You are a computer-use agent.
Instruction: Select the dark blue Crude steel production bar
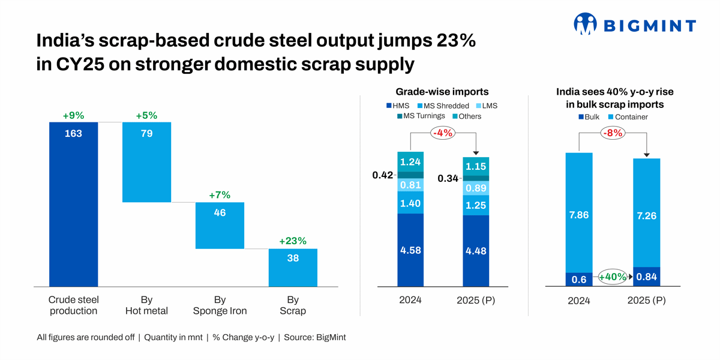click(73, 204)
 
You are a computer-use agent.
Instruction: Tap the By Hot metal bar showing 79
click(146, 162)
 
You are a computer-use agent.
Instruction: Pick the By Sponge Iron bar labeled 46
click(220, 225)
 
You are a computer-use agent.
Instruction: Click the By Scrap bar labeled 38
click(293, 268)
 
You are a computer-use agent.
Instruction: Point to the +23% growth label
click(293, 241)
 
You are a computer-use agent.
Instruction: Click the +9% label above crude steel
click(73, 115)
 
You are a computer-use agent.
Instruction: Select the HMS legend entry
click(397, 106)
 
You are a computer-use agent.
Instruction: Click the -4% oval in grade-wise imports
click(442, 133)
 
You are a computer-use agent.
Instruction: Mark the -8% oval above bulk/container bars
click(612, 133)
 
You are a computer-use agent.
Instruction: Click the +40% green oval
click(612, 277)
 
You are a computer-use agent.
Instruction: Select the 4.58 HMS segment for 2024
click(410, 250)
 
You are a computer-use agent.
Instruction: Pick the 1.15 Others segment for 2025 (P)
click(476, 166)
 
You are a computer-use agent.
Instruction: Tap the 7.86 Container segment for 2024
click(579, 213)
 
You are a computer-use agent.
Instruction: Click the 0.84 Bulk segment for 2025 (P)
click(647, 277)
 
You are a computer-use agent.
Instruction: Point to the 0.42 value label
click(382, 175)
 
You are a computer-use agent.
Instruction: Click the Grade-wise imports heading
click(442, 92)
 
